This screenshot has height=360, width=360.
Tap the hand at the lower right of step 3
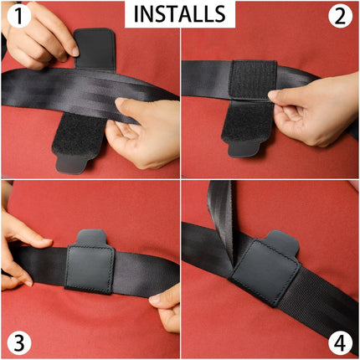166,306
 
